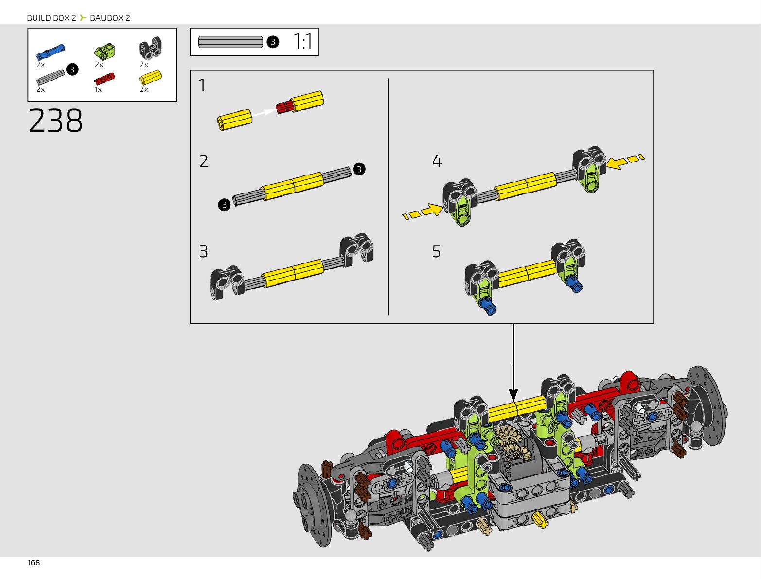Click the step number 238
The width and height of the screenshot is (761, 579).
[55, 120]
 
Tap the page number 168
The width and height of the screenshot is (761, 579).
[34, 563]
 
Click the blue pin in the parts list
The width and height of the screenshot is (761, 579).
[51, 51]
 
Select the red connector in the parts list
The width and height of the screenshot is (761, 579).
[105, 79]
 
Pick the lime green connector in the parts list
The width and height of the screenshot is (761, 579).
[105, 51]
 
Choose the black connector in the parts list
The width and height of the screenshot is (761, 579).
[150, 48]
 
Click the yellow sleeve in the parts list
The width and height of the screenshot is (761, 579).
[150, 77]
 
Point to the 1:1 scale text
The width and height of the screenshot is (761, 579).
[302, 42]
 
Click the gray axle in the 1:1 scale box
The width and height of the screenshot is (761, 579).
[230, 42]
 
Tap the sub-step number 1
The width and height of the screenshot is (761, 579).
[202, 85]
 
